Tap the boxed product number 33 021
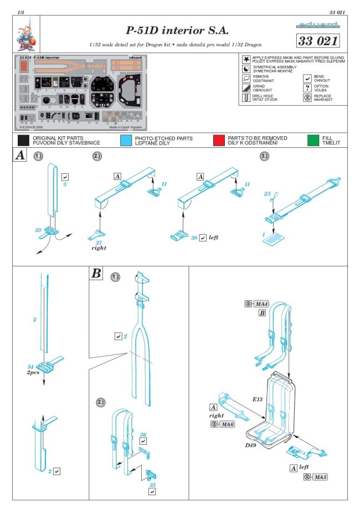click(317, 41)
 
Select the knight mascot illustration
click(25, 34)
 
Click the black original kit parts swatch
click(23, 140)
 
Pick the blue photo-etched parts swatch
click(126, 140)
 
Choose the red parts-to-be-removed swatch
click(219, 140)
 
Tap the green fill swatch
click(313, 140)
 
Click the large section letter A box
click(19, 156)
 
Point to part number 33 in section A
click(38, 229)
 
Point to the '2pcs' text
click(35, 373)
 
